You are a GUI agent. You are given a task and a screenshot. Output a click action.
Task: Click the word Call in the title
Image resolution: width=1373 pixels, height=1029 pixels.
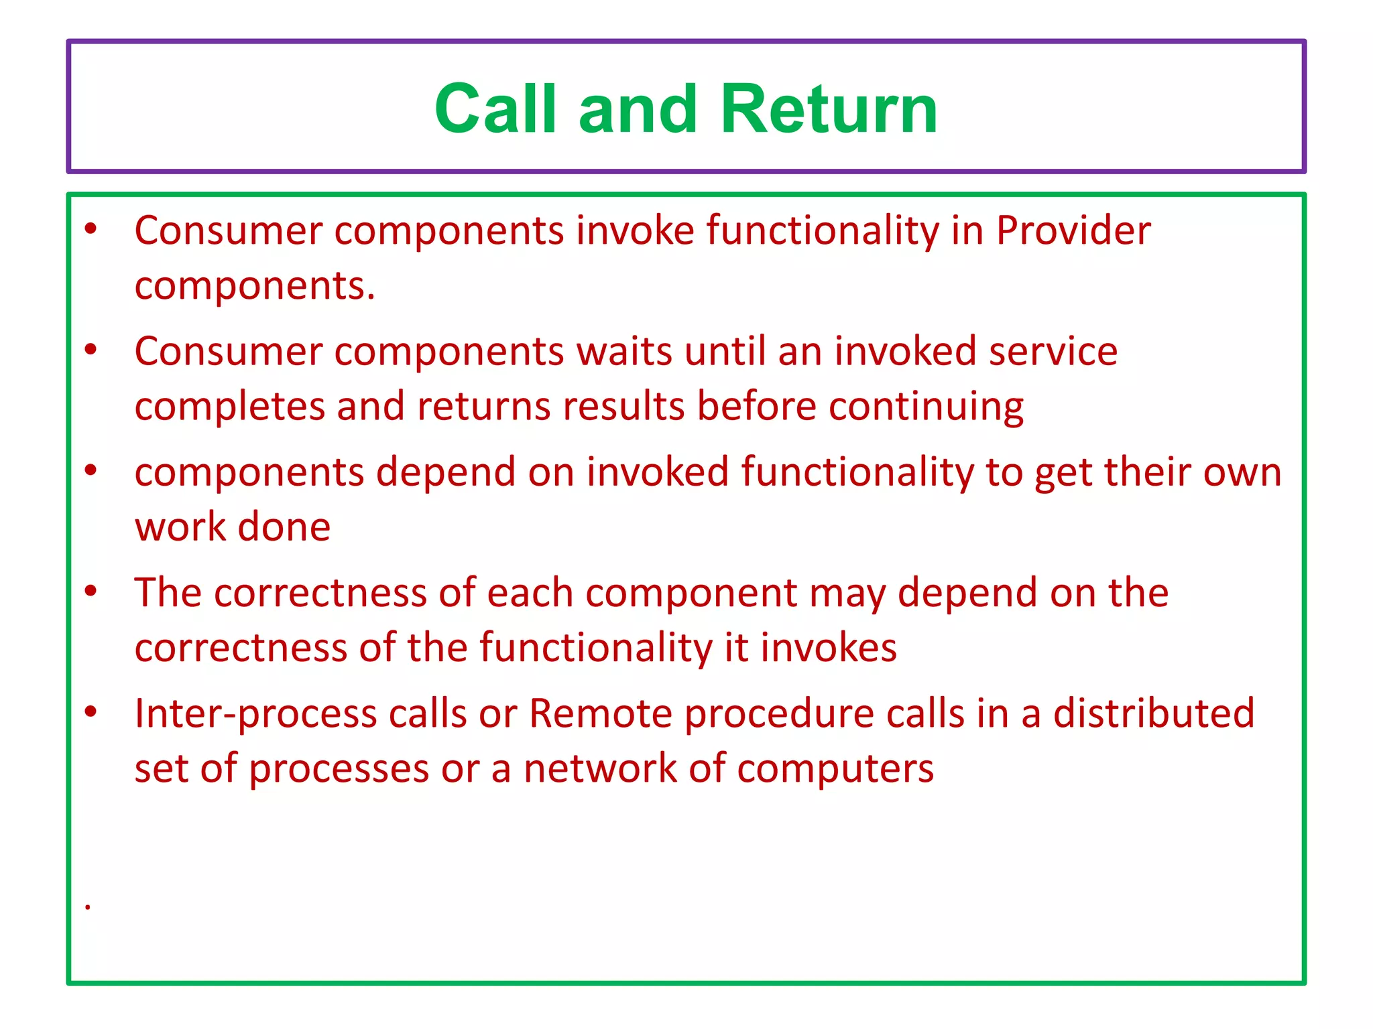pos(495,109)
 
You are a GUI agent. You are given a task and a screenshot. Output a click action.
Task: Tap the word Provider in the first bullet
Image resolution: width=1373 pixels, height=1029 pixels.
pos(1073,230)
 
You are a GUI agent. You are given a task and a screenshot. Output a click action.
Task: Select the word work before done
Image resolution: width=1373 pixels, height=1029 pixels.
pos(180,527)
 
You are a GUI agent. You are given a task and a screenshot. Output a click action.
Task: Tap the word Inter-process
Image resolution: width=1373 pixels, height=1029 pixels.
pos(255,713)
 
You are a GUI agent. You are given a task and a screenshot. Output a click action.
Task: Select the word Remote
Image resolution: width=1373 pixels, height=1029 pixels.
pos(600,713)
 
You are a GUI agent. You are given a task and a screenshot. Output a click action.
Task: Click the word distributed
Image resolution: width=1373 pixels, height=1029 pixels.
pos(1153,713)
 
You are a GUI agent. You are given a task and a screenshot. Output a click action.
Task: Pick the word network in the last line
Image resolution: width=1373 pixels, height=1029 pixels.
pos(600,768)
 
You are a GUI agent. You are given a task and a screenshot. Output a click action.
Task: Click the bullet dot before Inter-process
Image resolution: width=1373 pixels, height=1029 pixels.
pos(91,711)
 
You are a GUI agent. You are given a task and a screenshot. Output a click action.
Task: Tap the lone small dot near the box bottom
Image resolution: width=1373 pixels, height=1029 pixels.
pos(88,907)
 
